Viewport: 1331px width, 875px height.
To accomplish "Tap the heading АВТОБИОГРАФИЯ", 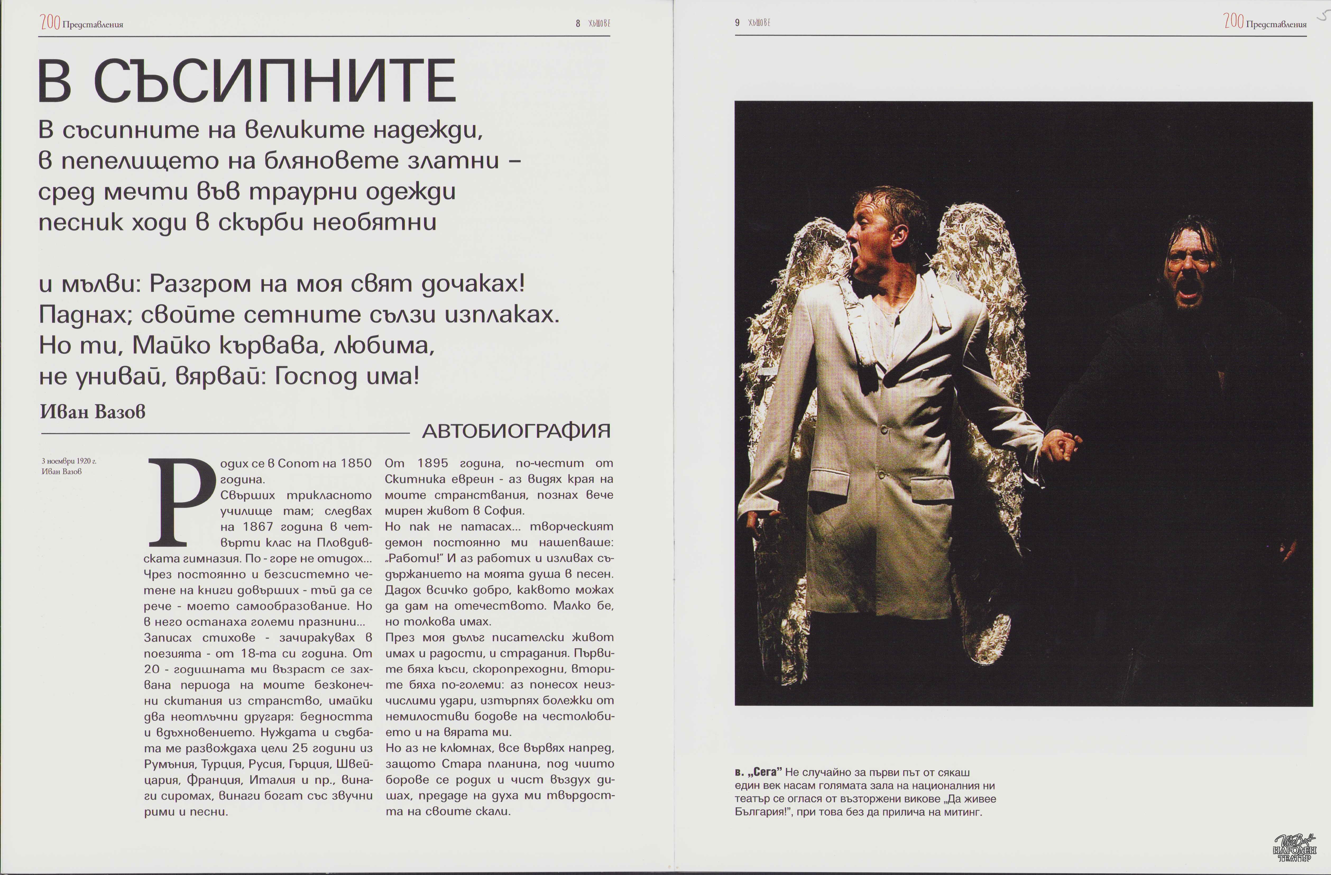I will pyautogui.click(x=516, y=431).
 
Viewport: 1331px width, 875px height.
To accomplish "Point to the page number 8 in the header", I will pyautogui.click(x=578, y=24).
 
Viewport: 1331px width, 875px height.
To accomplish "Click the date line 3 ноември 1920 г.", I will pyautogui.click(x=69, y=461).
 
